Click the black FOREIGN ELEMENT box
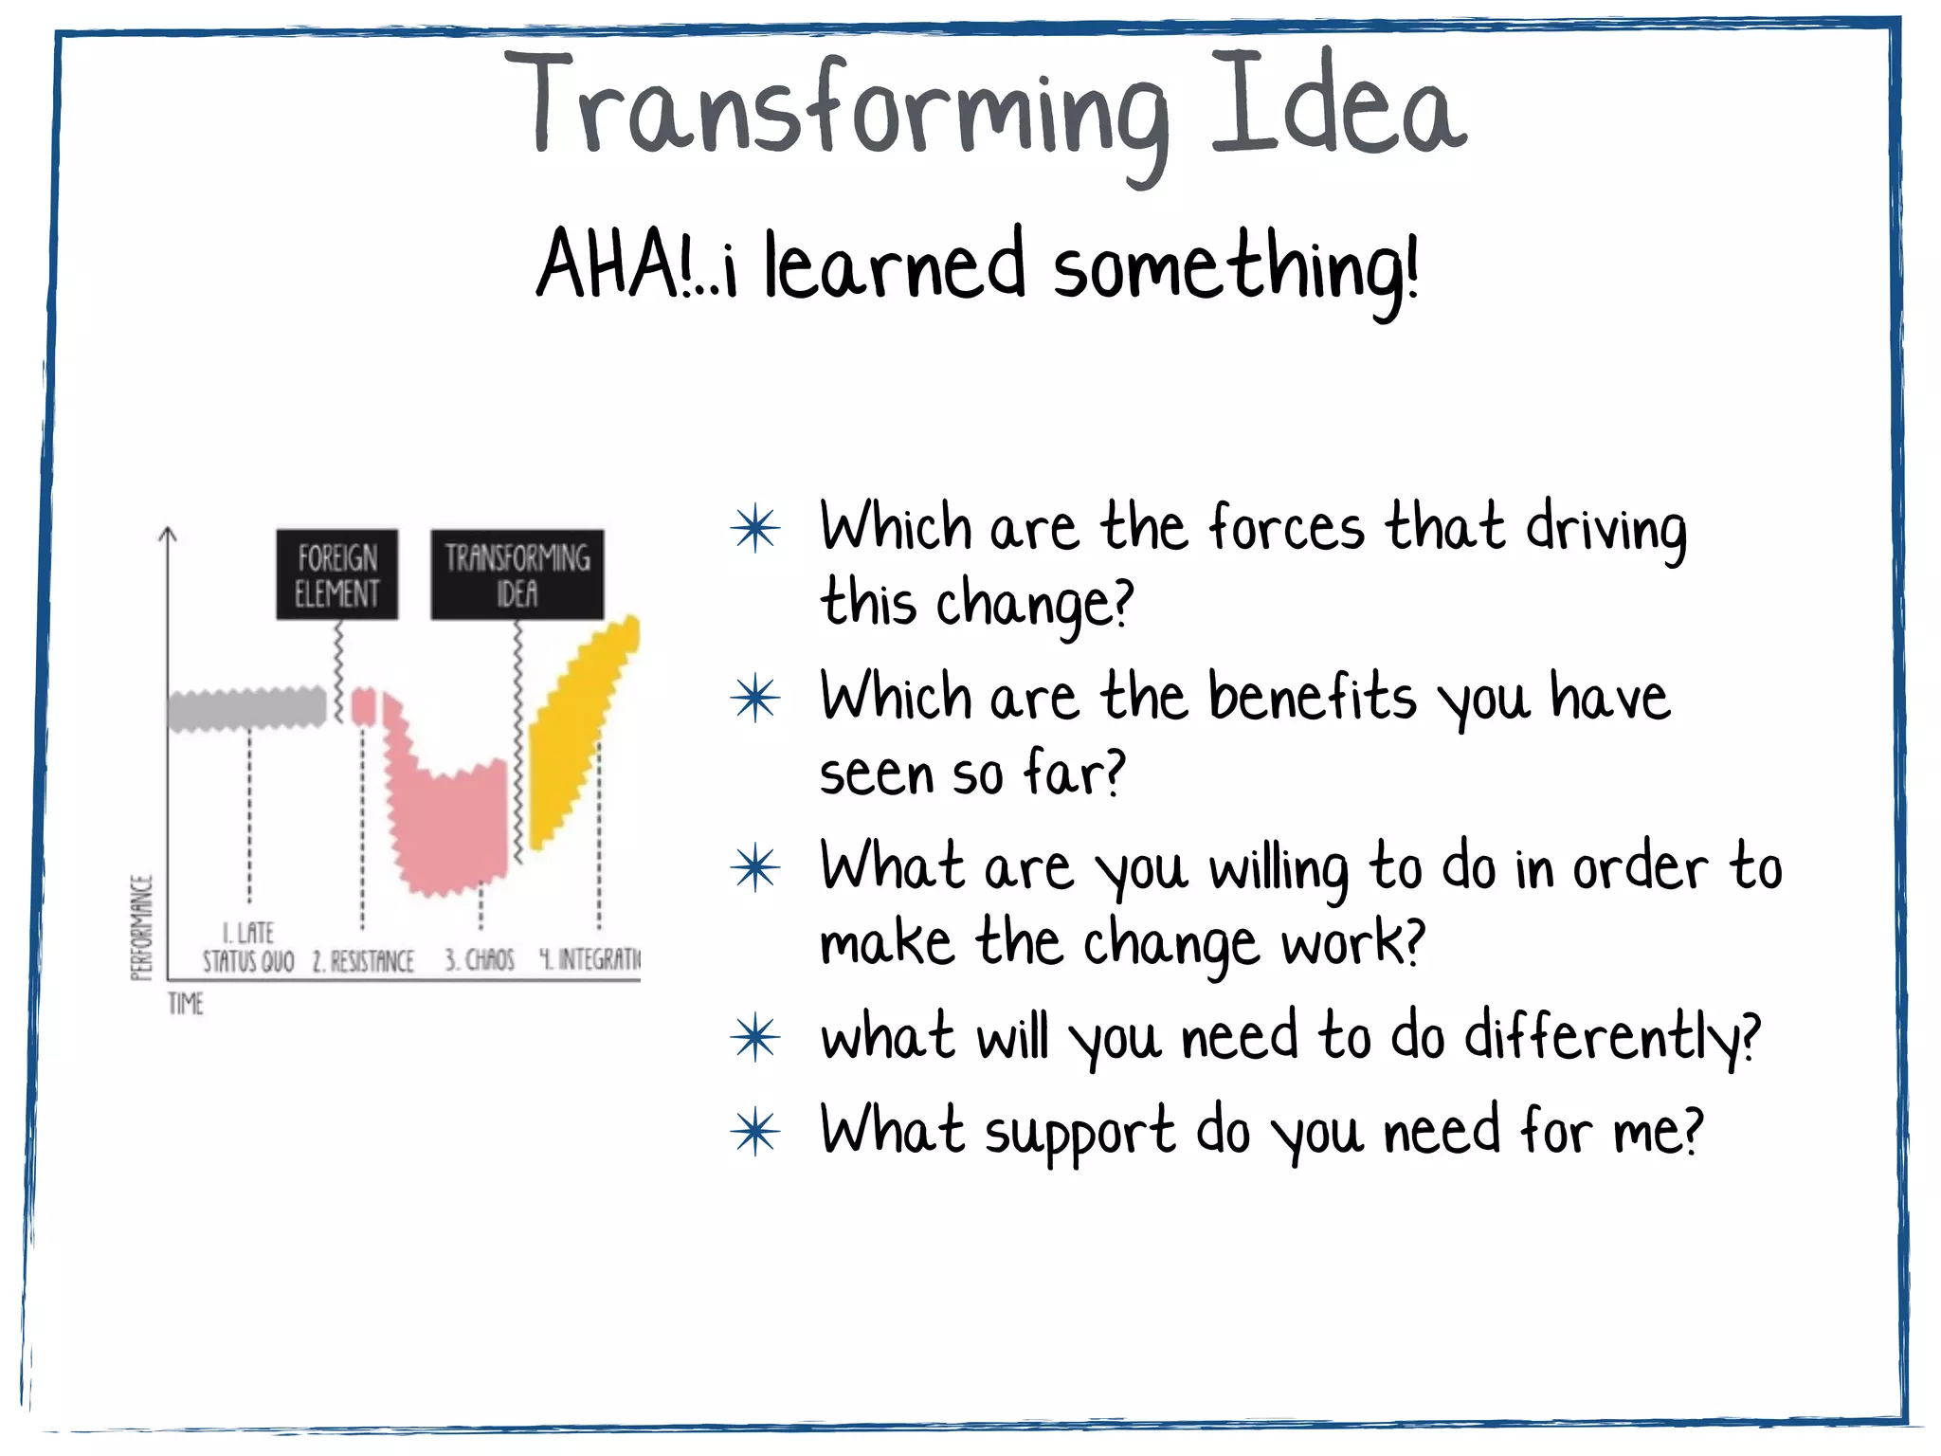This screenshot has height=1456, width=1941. (336, 574)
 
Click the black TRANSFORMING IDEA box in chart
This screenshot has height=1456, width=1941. (517, 574)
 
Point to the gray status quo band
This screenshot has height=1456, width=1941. (246, 707)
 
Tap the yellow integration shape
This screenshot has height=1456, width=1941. (578, 730)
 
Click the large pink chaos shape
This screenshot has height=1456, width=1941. (445, 815)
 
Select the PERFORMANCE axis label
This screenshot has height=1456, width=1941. (141, 927)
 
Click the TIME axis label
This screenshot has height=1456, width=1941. (186, 1003)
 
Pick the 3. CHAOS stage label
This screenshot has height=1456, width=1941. (480, 960)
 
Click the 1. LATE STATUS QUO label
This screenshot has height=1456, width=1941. (248, 948)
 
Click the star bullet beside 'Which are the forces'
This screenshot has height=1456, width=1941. (755, 529)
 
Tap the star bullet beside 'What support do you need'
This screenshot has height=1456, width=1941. (755, 1132)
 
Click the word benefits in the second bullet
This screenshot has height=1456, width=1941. (1313, 698)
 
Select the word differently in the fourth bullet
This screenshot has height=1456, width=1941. (1611, 1037)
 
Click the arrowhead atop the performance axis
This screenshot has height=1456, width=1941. (168, 535)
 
